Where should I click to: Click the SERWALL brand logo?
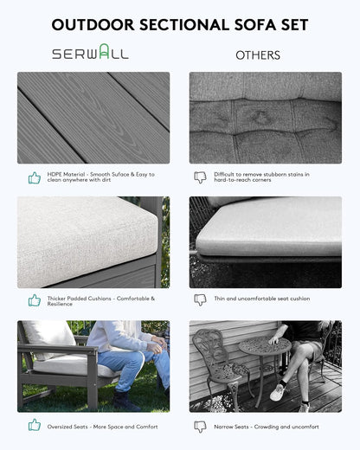90,52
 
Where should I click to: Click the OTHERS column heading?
258,55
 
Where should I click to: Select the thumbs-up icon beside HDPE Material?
35,177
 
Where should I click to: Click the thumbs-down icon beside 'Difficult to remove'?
200,177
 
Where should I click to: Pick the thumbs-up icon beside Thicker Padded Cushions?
35,300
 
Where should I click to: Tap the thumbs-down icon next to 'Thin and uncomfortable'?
200,300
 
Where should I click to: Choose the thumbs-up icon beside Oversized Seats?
35,425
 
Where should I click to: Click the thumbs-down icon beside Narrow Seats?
200,427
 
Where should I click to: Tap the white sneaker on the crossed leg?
279,393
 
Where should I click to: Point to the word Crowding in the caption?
266,427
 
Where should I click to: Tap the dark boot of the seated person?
125,401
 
